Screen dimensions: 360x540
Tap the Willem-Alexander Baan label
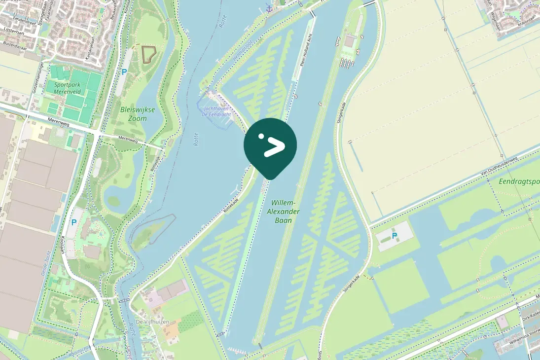283,211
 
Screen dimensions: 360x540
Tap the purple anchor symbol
269,8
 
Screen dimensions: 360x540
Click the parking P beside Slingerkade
395,236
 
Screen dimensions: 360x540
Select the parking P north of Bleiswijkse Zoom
124,72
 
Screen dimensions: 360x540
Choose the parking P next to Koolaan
74,222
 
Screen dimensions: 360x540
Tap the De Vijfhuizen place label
152,322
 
